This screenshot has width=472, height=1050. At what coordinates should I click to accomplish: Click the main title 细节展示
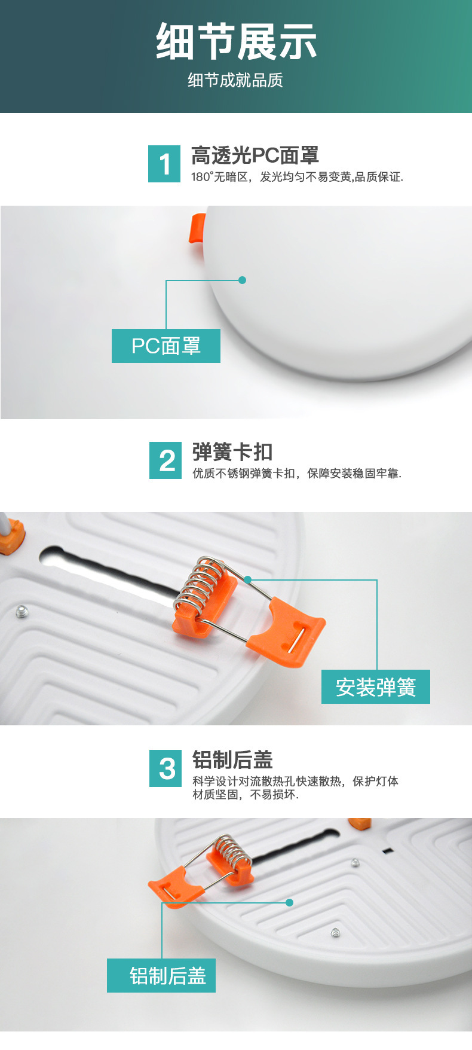pyautogui.click(x=236, y=42)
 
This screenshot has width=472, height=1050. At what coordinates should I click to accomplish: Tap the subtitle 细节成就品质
pyautogui.click(x=235, y=80)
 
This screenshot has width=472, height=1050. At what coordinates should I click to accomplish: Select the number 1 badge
pyautogui.click(x=164, y=164)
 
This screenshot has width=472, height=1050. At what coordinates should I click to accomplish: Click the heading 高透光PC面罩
pyautogui.click(x=255, y=155)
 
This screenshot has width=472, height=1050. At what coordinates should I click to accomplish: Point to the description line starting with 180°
pyautogui.click(x=297, y=177)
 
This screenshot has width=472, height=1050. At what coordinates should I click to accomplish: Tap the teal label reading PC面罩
pyautogui.click(x=166, y=346)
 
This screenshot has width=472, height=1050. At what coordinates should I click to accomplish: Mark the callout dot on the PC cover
pyautogui.click(x=242, y=280)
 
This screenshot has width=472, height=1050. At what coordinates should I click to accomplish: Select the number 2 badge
pyautogui.click(x=165, y=460)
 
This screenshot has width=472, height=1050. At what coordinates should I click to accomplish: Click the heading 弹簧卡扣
pyautogui.click(x=232, y=452)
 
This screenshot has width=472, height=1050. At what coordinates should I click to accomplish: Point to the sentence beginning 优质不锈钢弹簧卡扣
pyautogui.click(x=296, y=474)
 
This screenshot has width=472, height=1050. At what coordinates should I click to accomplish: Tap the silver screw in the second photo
pyautogui.click(x=22, y=611)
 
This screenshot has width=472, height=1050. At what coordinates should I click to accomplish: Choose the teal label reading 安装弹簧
pyautogui.click(x=376, y=687)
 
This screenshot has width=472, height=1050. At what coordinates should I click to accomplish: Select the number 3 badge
pyautogui.click(x=165, y=769)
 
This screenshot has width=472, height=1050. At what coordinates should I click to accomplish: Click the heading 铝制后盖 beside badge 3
pyautogui.click(x=232, y=760)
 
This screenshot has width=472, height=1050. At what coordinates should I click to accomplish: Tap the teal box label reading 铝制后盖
pyautogui.click(x=161, y=976)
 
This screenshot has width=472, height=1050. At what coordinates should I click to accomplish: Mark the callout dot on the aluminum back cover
pyautogui.click(x=289, y=902)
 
